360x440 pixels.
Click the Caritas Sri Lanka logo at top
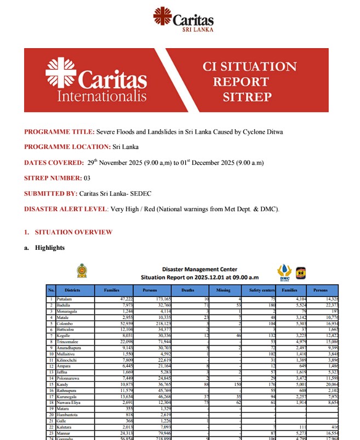pyautogui.click(x=183, y=20)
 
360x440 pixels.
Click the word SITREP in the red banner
pyautogui.click(x=247, y=98)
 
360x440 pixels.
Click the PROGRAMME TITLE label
pyautogui.click(x=59, y=132)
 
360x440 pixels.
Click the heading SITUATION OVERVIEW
pyautogui.click(x=73, y=232)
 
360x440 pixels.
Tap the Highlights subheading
pyautogui.click(x=50, y=248)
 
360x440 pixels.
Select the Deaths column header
pyautogui.click(x=187, y=290)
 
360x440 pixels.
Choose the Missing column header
pyautogui.click(x=223, y=290)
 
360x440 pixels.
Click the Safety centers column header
pyautogui.click(x=261, y=290)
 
